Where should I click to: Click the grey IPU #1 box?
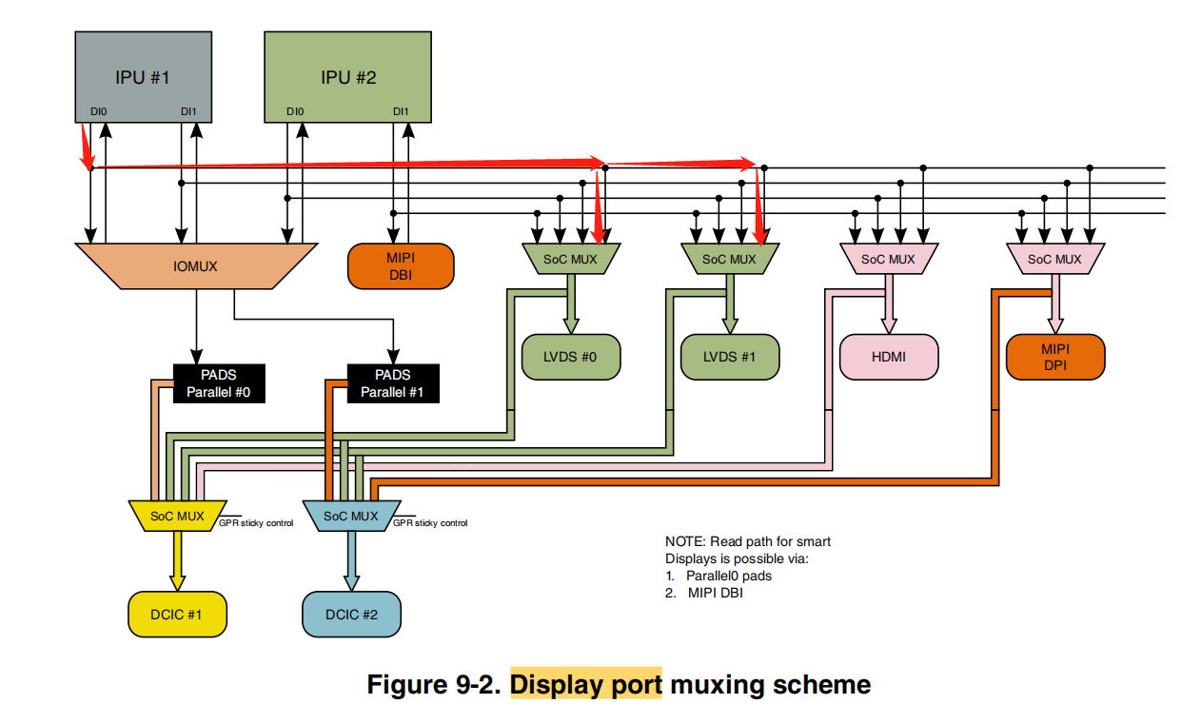[143, 76]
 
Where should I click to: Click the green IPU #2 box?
[348, 76]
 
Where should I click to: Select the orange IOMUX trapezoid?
[195, 266]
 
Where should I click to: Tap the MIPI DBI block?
[401, 266]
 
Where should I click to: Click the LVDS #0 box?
[571, 357]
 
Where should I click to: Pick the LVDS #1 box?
[730, 357]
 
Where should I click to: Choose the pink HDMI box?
[889, 357]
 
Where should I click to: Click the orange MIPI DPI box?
[1055, 357]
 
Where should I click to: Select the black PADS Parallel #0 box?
[218, 383]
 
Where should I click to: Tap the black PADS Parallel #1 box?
[392, 383]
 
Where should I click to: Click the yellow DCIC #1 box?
[177, 615]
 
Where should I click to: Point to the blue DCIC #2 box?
[351, 615]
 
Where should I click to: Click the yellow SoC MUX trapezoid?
[177, 516]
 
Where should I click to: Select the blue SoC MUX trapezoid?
[350, 516]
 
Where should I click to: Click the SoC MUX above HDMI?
[888, 259]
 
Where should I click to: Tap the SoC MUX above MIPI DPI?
[1054, 259]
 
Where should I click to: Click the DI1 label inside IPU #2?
[401, 112]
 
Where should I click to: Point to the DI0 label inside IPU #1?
[98, 112]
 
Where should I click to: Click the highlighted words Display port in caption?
[585, 684]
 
